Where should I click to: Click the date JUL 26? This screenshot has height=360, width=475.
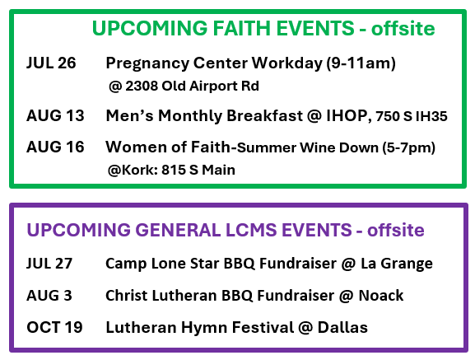click(51, 63)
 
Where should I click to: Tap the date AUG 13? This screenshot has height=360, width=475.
click(55, 115)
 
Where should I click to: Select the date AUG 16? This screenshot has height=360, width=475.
click(55, 147)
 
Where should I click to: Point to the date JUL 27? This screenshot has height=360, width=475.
click(49, 264)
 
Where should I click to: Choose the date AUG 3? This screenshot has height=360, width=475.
click(49, 296)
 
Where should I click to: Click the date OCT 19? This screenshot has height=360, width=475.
click(54, 327)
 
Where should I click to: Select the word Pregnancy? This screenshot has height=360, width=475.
click(147, 64)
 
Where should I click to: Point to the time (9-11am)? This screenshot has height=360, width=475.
click(361, 63)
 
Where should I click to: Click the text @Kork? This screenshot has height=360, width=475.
click(133, 170)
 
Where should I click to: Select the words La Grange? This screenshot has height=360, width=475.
click(397, 264)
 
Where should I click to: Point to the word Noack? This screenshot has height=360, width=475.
click(381, 296)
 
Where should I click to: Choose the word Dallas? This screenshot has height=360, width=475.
click(342, 327)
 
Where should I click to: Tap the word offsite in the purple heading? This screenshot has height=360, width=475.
click(396, 230)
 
